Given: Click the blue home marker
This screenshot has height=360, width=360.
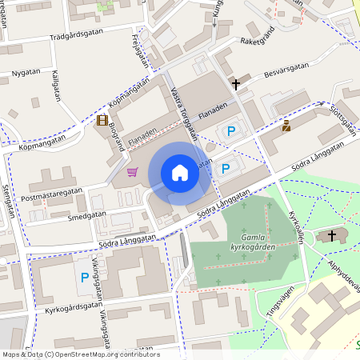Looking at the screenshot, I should point(180,172).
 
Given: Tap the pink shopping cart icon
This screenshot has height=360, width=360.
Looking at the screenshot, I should point(132,171).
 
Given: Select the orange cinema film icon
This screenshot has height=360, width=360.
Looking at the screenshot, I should point(102,120).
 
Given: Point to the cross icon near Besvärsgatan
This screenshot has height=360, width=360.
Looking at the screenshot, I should point(236,83).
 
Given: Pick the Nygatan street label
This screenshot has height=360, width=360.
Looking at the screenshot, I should point(26,73).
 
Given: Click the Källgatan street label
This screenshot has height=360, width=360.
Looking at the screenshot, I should point(55,82).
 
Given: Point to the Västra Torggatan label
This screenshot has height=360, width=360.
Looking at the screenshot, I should point(184,111).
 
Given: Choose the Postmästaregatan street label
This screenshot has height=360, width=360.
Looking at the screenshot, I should point(53,192).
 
